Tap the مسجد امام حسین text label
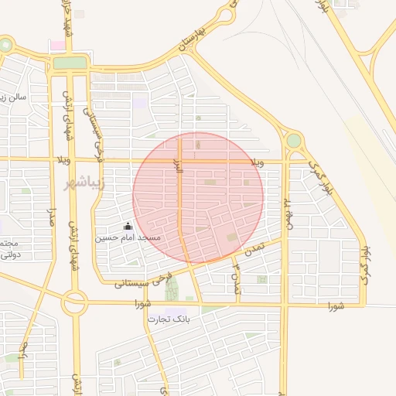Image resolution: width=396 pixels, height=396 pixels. click(x=128, y=237)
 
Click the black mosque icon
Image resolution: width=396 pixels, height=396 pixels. click(x=128, y=227)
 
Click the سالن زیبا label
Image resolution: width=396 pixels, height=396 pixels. click(x=15, y=98)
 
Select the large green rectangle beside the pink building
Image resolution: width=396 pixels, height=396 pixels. click(x=70, y=63)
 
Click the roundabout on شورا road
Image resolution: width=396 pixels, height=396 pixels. click(x=75, y=304)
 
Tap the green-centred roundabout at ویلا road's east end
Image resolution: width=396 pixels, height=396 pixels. click(x=294, y=141)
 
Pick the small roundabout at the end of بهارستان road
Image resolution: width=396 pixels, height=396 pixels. click(x=227, y=15)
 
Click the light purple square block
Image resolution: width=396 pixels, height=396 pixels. click(x=139, y=103)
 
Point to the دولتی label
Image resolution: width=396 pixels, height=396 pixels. click(x=10, y=254)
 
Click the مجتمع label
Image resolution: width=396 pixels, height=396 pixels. click(x=9, y=243)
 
